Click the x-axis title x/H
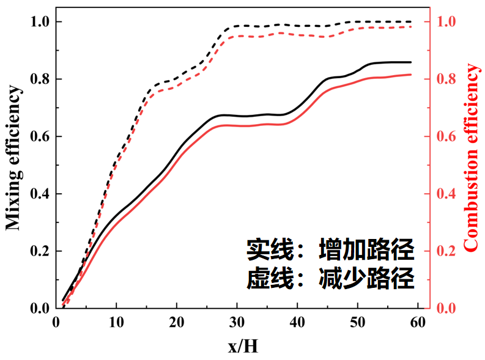[x=243, y=347]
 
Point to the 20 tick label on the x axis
[x=177, y=322]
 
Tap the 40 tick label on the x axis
[x=297, y=322]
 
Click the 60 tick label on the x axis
[x=418, y=322]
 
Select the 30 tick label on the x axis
[x=237, y=322]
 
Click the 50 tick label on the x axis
[x=358, y=322]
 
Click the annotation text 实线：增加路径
[x=331, y=249]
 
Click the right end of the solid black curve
[x=410, y=62]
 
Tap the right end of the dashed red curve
[x=410, y=26]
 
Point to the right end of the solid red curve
[x=410, y=75]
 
